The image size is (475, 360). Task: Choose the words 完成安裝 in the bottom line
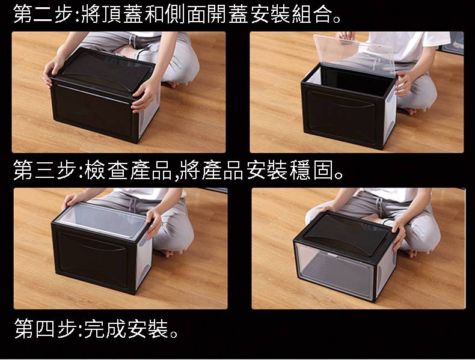(x=126, y=328)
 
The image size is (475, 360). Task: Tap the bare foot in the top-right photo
(x=408, y=111)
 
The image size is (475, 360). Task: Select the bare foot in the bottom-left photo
(x=165, y=253)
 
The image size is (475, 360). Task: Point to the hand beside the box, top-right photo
(x=405, y=84)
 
